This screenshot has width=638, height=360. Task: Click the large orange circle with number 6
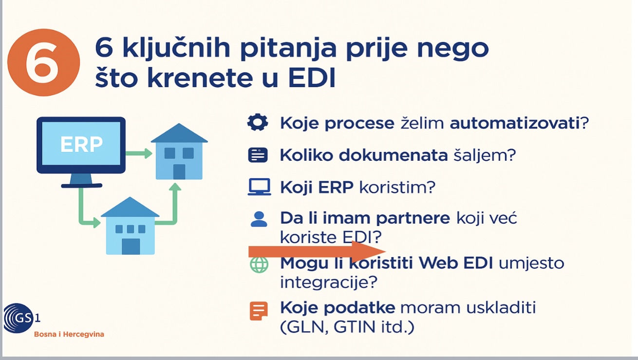click(x=43, y=62)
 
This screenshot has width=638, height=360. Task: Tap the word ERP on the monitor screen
click(x=81, y=144)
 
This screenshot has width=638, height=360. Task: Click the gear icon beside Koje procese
click(x=258, y=122)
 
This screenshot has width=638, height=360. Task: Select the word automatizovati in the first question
click(x=515, y=123)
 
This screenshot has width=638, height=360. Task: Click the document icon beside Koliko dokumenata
click(x=258, y=155)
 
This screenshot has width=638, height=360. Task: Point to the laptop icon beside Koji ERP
click(x=259, y=187)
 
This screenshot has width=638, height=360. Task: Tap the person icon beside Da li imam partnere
click(x=259, y=219)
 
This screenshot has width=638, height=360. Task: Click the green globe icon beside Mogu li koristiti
click(x=259, y=265)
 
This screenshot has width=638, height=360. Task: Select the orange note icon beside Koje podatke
click(x=259, y=311)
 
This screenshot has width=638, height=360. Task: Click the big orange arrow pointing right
click(x=317, y=252)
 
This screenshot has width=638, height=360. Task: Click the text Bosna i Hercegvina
click(x=69, y=334)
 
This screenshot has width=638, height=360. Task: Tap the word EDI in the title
click(x=312, y=77)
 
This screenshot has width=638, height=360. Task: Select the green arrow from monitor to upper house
click(x=139, y=153)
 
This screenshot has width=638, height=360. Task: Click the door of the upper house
click(x=179, y=172)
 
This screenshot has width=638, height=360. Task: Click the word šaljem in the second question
click(x=485, y=155)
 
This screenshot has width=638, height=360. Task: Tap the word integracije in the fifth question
click(x=329, y=282)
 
